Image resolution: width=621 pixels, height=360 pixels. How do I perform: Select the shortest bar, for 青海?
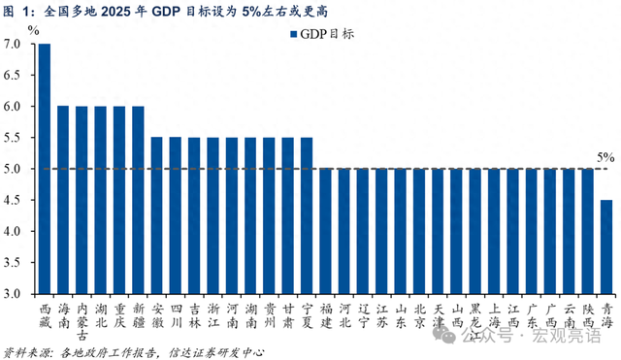tap(606, 246)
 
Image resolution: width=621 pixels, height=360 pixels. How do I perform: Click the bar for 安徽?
tap(157, 214)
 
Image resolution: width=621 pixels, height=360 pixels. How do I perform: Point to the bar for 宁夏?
tap(307, 214)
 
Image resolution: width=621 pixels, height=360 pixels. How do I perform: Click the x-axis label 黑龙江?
tap(475, 315)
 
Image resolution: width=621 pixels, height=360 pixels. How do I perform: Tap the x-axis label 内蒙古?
tap(82, 315)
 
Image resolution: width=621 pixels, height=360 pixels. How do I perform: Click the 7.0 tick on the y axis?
tap(14, 45)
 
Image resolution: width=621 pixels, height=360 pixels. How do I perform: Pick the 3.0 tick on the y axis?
tap(14, 293)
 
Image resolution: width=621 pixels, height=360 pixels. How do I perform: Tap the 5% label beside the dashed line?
tap(605, 156)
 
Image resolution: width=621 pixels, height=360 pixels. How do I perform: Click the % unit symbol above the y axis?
tap(33, 30)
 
